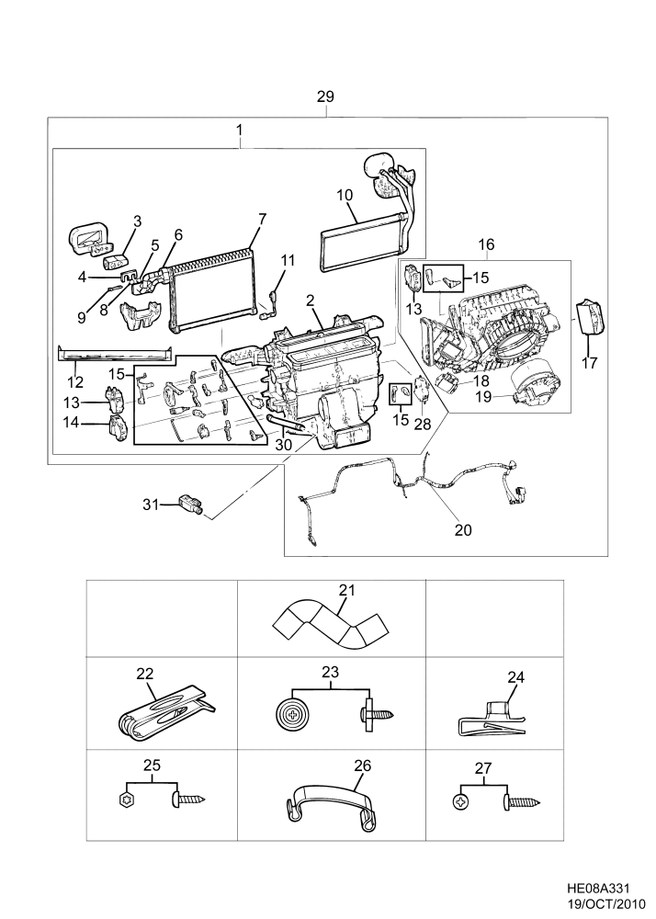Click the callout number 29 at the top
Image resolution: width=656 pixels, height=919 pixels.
[325, 96]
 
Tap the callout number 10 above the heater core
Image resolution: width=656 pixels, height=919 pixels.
[345, 195]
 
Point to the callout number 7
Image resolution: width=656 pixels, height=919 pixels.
[262, 219]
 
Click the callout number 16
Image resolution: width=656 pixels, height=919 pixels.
[486, 244]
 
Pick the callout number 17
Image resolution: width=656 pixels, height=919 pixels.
[589, 363]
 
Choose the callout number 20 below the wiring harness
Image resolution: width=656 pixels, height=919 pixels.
[462, 529]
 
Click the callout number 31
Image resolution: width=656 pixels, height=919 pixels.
[151, 504]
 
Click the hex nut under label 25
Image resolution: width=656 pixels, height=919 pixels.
[128, 800]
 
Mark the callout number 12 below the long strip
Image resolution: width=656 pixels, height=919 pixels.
[75, 382]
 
